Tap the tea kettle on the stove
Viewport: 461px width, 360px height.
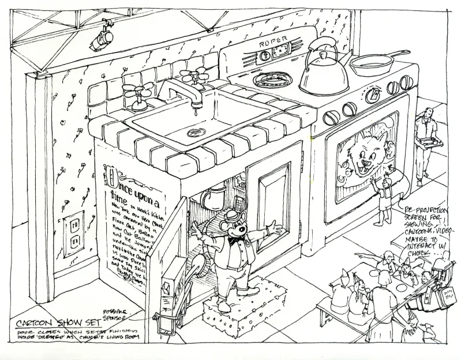coord(323,72)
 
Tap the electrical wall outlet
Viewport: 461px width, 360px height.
coord(74,233)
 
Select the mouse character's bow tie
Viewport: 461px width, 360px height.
coord(234,238)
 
